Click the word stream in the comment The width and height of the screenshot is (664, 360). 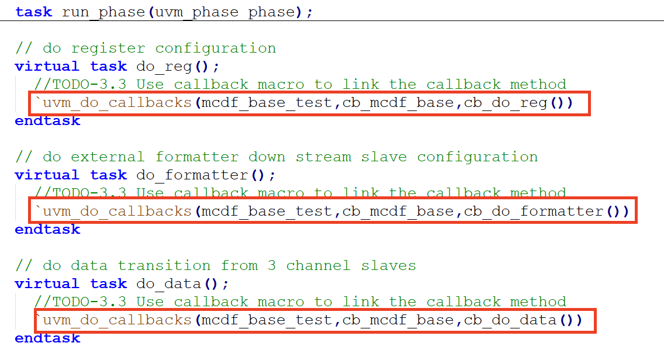[323, 157]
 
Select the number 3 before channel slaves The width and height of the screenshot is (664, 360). [272, 265]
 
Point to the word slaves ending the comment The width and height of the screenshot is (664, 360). [388, 265]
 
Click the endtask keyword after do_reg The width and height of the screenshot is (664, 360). [47, 121]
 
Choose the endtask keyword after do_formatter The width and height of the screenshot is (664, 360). [47, 229]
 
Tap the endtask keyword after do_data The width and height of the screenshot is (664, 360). [47, 338]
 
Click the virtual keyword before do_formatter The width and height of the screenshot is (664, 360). [47, 175]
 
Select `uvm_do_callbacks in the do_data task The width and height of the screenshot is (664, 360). [113, 320]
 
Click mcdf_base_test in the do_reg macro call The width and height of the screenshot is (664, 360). [267, 103]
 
